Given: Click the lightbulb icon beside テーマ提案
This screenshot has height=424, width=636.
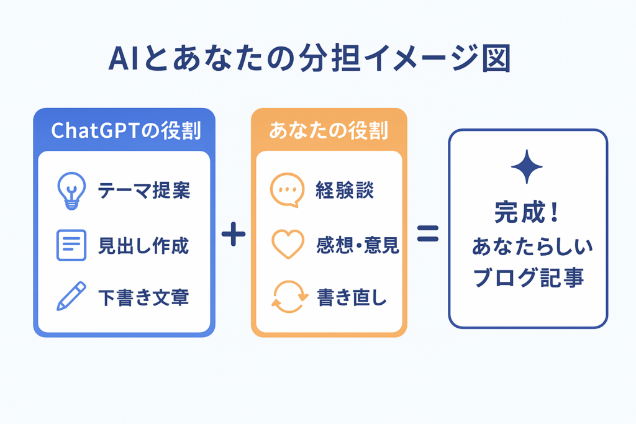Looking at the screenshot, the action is click(71, 191).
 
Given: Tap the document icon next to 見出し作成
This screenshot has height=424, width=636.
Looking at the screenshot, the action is click(71, 245).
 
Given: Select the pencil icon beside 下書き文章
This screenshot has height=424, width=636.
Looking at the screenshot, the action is click(71, 296).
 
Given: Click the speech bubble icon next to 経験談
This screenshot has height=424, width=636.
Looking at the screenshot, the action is click(287, 190).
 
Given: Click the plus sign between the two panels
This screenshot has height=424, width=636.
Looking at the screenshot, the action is click(234, 234).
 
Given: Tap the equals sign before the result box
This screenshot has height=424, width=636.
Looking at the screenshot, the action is click(428, 233).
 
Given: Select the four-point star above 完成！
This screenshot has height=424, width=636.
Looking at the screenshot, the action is click(527, 166).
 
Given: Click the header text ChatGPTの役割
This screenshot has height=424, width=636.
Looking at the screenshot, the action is click(125, 130).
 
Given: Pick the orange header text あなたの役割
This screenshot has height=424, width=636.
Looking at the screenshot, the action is click(329, 130).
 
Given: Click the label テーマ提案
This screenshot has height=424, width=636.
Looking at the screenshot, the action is click(144, 190).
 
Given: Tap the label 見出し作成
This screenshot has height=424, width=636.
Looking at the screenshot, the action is click(143, 245).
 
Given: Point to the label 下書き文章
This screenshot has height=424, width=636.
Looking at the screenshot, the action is click(143, 297).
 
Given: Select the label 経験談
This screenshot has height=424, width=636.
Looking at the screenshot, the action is click(345, 190).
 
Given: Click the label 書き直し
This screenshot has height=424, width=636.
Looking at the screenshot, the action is click(352, 297).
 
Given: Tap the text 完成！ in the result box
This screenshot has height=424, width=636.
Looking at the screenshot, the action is click(527, 212).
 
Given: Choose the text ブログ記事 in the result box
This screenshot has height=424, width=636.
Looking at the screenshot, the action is click(528, 277).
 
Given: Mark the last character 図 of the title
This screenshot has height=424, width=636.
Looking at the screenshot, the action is click(496, 58).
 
